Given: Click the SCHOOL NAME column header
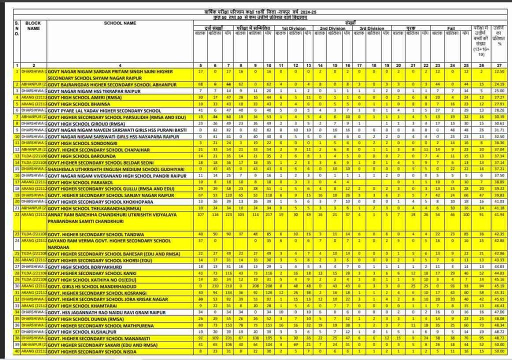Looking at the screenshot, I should pyautogui.click(x=120, y=23).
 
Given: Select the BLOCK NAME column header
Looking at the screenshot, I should pyautogui.click(x=33, y=25).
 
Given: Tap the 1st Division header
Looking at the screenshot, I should pyautogui.click(x=291, y=28).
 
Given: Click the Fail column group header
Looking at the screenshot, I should pyautogui.click(x=450, y=28).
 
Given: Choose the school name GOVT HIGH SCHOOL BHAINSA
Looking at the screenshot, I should pyautogui.click(x=79, y=104).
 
